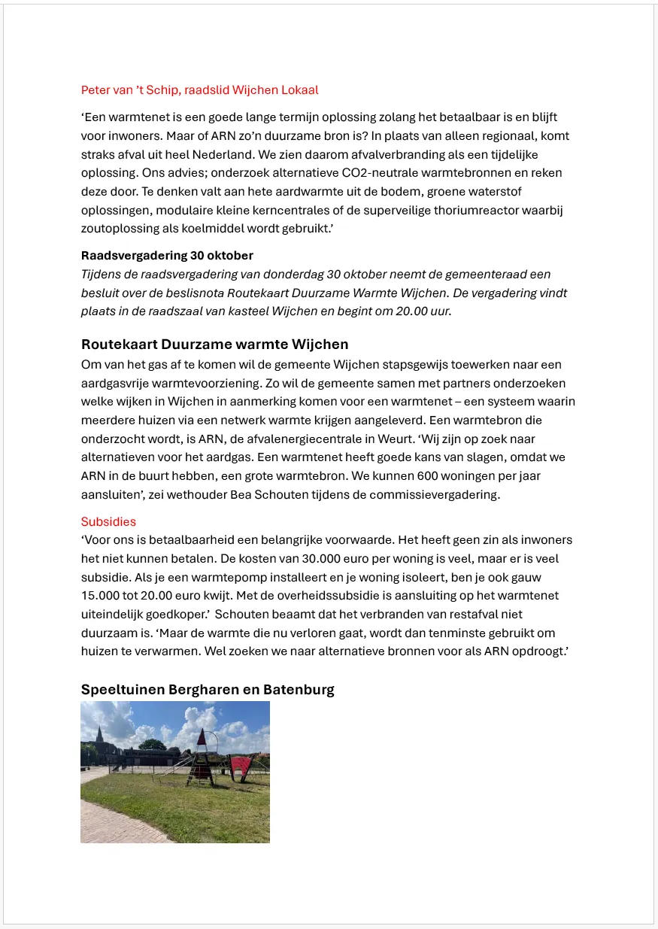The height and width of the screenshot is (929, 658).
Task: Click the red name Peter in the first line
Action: pyautogui.click(x=96, y=90)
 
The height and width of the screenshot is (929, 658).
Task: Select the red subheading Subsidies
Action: pyautogui.click(x=108, y=521)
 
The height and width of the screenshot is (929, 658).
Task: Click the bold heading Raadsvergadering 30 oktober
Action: pyautogui.click(x=167, y=256)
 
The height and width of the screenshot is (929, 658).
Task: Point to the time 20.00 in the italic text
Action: pyautogui.click(x=409, y=311)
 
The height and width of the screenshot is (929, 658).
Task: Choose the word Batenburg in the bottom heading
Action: pyautogui.click(x=299, y=690)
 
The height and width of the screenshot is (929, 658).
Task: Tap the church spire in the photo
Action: pyautogui.click(x=99, y=733)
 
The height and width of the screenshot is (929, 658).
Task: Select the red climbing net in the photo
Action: pyautogui.click(x=242, y=768)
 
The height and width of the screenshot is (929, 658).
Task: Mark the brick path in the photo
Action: pyautogui.click(x=113, y=824)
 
